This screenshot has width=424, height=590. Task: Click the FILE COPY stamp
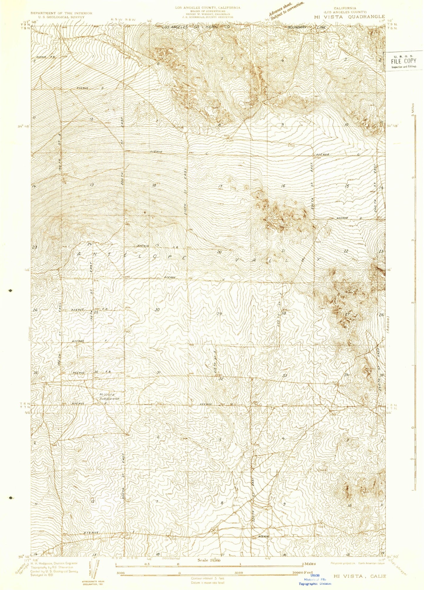[403, 61]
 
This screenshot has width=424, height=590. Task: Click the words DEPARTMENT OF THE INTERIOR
[61, 13]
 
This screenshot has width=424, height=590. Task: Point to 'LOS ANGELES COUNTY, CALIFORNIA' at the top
[207, 8]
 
